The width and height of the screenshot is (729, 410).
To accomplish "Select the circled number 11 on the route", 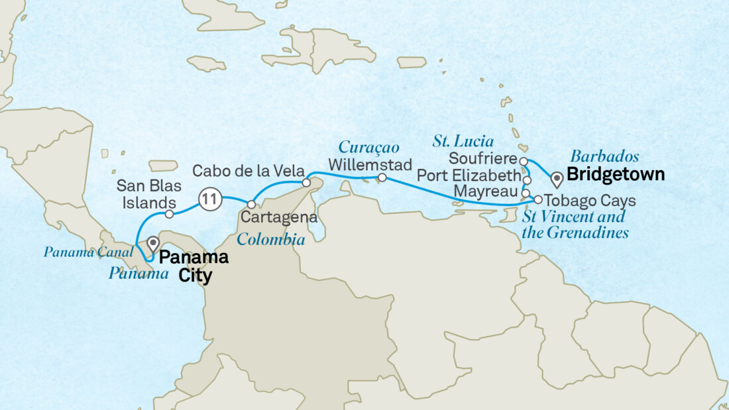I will pyautogui.click(x=209, y=198).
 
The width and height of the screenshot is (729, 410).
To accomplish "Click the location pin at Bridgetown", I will pyautogui.click(x=557, y=178).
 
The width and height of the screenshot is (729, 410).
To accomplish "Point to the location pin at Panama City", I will pyautogui.click(x=153, y=244).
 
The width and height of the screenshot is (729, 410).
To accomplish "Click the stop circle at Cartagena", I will pyautogui.click(x=251, y=204).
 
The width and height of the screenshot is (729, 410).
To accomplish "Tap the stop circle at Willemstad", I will pyautogui.click(x=382, y=178).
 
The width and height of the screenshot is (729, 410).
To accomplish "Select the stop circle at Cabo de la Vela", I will pyautogui.click(x=306, y=182).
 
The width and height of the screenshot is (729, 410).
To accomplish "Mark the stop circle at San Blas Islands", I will pyautogui.click(x=169, y=215).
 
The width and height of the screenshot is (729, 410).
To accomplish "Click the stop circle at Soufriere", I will pyautogui.click(x=524, y=161).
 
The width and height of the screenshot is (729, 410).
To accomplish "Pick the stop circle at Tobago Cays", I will pyautogui.click(x=538, y=199).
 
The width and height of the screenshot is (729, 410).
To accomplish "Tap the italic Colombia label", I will pyautogui.click(x=271, y=240).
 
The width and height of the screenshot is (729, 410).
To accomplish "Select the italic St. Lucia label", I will pyautogui.click(x=463, y=141).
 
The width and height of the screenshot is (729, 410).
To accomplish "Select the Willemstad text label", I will pyautogui.click(x=370, y=164).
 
